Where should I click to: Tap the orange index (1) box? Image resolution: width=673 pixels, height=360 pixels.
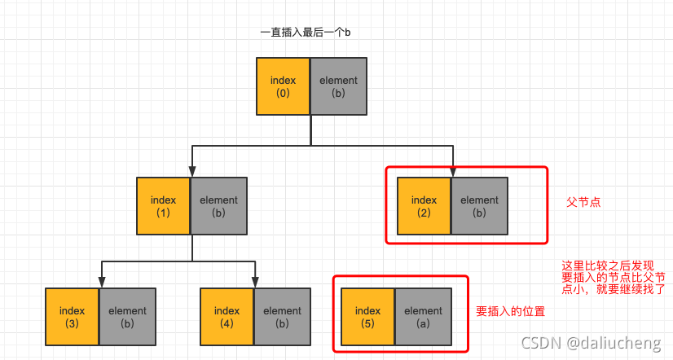point(164,206)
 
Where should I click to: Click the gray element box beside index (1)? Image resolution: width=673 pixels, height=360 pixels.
point(218,206)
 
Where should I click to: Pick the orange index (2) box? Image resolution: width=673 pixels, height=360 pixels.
point(424,206)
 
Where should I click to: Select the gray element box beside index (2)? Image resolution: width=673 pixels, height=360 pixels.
point(479,206)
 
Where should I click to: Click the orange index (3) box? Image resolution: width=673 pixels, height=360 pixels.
point(73,316)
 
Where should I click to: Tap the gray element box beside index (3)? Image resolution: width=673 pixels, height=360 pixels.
point(127,316)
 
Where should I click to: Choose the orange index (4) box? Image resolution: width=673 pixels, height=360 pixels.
point(227,316)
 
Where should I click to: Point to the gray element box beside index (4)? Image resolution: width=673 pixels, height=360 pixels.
point(282,316)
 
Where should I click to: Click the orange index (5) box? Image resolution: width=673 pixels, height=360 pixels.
point(368,316)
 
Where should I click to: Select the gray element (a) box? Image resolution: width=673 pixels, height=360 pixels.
point(423,316)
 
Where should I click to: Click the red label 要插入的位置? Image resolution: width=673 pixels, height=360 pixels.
point(510,312)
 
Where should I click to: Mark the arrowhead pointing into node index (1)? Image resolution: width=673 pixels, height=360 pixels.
point(191,173)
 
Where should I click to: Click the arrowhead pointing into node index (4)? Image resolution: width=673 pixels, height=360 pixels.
point(256,283)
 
